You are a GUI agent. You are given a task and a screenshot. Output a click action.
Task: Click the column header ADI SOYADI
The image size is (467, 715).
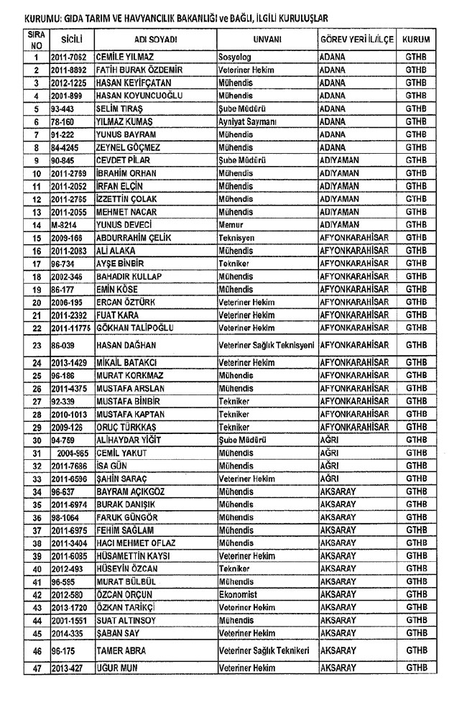pos(155,39)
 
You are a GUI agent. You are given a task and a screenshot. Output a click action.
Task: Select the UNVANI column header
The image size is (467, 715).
pos(267,39)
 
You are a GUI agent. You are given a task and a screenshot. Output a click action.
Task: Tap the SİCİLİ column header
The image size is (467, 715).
pos(71,39)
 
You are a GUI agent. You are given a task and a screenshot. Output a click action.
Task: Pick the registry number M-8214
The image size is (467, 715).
pos(65,225)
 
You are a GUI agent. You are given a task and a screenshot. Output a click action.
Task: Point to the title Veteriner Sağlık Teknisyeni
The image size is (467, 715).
pos(267,345)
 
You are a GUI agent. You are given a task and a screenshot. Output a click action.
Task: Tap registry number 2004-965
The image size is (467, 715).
pos(75,453)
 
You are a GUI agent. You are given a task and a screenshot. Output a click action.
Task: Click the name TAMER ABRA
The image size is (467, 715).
pos(121,650)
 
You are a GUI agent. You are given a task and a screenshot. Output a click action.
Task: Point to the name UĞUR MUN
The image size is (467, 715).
pos(116,668)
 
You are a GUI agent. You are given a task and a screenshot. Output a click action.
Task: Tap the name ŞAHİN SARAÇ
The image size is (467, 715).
pos(121,479)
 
